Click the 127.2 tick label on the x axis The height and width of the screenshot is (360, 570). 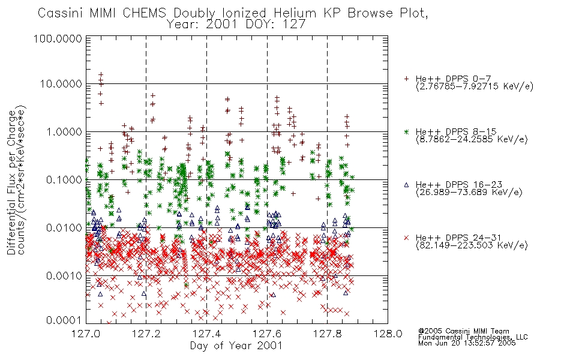point(146,334)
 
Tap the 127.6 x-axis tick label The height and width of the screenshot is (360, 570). point(267,334)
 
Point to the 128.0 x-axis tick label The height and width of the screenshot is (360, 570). point(388,334)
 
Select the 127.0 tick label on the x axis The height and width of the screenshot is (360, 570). point(86,334)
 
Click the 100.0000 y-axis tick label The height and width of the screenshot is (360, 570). point(58,38)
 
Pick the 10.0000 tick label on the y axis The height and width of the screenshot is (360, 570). point(61,84)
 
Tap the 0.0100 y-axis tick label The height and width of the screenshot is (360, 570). point(64,228)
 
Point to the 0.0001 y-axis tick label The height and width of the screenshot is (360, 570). point(64,320)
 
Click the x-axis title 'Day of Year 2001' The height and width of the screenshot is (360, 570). point(236,346)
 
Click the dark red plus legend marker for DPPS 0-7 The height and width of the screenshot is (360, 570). point(406,79)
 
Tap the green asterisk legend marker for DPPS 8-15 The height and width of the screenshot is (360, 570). point(406,131)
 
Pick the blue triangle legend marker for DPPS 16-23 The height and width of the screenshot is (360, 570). point(406,185)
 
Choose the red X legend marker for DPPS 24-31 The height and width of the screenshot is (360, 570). point(406,238)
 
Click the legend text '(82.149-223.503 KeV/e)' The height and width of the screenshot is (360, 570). point(472,245)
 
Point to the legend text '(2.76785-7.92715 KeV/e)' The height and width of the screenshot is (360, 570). point(475,86)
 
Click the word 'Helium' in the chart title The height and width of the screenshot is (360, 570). point(295,13)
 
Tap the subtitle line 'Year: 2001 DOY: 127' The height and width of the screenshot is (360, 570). point(236,25)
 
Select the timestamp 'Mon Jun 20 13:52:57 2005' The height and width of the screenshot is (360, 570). point(467,343)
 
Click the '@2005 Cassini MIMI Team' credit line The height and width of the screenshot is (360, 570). point(463,331)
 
